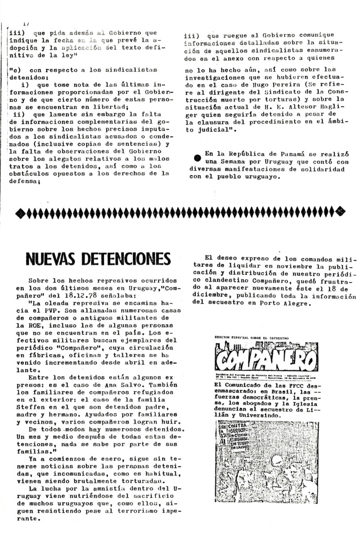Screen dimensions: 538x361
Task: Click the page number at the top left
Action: pyautogui.click(x=25, y=23)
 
